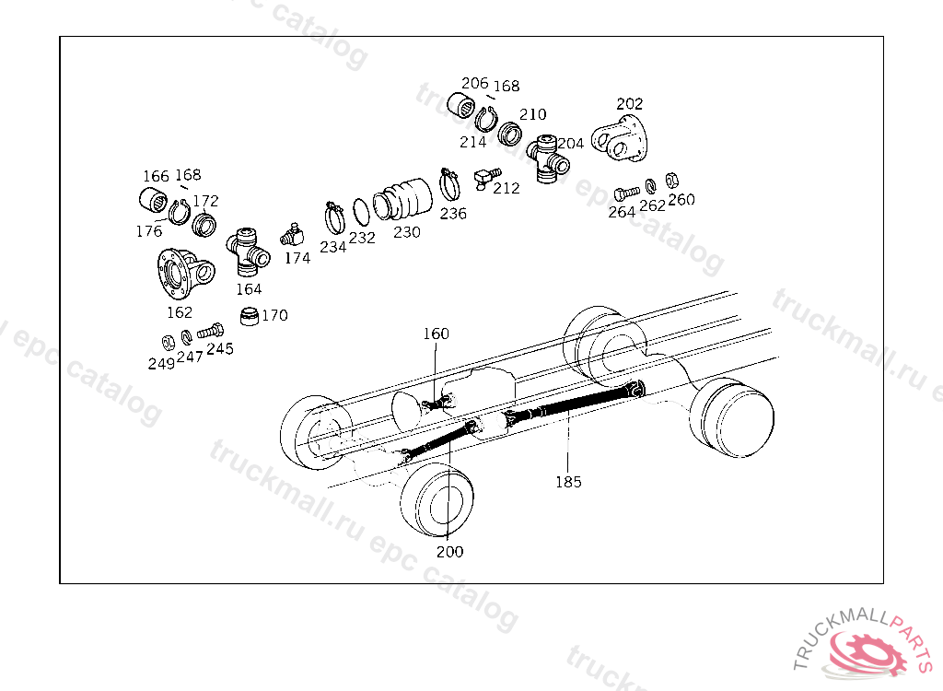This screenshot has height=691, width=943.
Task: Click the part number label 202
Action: pos(629,103)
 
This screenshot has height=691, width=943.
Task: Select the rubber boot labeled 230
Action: pos(402,199)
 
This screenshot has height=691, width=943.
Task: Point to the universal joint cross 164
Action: pos(247,248)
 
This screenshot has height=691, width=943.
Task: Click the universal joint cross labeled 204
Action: pos(547,158)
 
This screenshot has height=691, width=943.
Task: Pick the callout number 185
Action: pos(568,482)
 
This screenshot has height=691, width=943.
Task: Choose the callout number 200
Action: pos(449,551)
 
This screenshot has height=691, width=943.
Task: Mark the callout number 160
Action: pos(436,334)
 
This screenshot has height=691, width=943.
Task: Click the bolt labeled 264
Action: pos(626,193)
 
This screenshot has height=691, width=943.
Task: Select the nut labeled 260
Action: pos(672,180)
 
